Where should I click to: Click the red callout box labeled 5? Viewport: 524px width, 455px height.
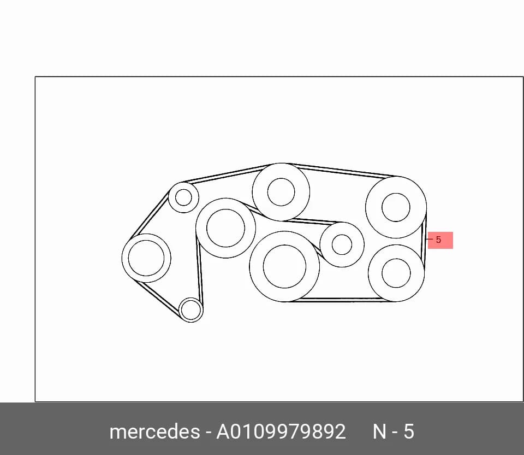coord(440,240)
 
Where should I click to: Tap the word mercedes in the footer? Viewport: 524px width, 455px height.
coord(154,431)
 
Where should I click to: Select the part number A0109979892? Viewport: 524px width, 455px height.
coord(281,431)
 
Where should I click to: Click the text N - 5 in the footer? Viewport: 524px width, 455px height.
coord(394,431)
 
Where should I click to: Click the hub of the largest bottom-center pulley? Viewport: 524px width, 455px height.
coord(284,266)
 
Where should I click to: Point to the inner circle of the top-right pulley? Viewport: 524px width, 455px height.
coord(396,207)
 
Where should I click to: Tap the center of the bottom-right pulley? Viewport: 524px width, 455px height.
coord(396,273)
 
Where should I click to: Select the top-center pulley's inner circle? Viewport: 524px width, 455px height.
coord(281,192)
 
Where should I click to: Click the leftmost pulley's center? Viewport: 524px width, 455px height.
coord(146,258)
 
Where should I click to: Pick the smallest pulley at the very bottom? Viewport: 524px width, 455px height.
coord(191,310)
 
